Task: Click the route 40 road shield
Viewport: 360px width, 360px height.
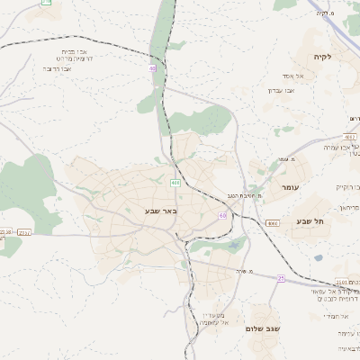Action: [x=153, y=67]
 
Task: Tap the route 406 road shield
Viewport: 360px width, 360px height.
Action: [x=175, y=183]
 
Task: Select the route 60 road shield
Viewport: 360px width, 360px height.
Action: [x=222, y=216]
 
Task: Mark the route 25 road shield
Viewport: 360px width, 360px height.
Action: [x=281, y=279]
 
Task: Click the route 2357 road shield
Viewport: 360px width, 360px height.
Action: [x=24, y=232]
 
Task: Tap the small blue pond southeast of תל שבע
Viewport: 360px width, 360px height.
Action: [x=318, y=257]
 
